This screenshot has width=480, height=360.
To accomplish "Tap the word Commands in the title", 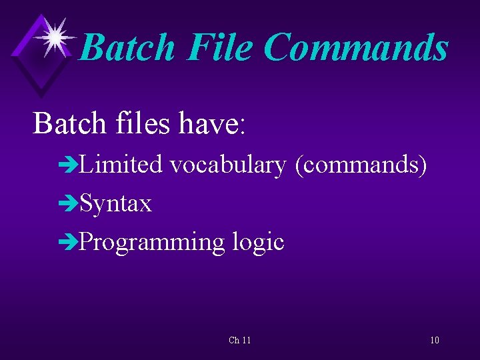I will point(356,48).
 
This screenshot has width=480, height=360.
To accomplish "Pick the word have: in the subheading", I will point(213,123).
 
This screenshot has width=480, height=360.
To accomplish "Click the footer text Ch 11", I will point(239,341).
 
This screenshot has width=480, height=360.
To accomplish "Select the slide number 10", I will point(434,341).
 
